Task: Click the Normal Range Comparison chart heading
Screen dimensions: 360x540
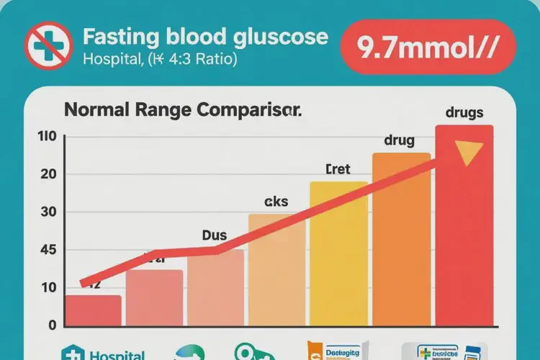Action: click(x=182, y=111)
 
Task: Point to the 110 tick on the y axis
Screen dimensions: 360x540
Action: click(x=45, y=137)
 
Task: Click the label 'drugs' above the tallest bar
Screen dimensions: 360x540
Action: click(x=464, y=113)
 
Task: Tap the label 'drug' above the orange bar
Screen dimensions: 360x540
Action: click(x=399, y=140)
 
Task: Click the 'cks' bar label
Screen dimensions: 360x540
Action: click(x=276, y=202)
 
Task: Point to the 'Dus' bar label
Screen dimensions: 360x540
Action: click(x=215, y=235)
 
